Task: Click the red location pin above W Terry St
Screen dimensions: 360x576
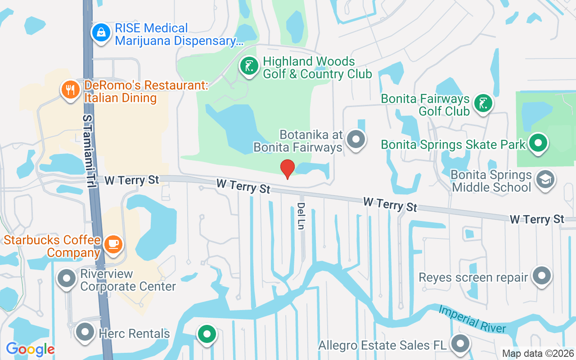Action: point(288,168)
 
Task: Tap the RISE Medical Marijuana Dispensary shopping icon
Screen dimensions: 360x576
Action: point(101,33)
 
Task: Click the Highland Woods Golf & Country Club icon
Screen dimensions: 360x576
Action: point(249,67)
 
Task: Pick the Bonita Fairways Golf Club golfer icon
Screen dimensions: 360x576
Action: point(483,104)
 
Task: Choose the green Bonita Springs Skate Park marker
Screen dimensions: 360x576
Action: point(538,144)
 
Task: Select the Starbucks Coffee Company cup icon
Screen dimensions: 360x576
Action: point(113,244)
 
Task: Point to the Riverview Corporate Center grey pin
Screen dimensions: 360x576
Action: point(67,279)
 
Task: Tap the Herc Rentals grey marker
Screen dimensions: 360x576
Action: point(85,333)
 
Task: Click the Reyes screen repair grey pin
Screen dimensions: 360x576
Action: point(542,276)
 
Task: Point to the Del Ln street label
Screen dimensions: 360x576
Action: point(301,216)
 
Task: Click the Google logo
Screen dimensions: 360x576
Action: point(30,349)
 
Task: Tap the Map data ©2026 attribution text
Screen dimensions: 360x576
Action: point(538,353)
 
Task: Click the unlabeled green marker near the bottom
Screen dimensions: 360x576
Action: point(207,334)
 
